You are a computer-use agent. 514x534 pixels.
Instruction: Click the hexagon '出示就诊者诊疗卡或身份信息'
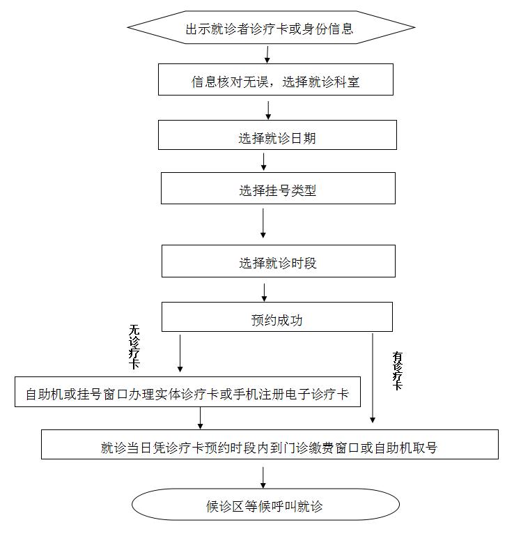tap(271, 29)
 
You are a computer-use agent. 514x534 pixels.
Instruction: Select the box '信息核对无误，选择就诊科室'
tap(276, 80)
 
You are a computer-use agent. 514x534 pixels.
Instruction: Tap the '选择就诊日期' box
tap(277, 135)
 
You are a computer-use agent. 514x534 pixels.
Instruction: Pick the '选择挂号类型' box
tap(278, 188)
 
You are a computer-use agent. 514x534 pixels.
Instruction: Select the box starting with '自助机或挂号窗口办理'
tap(188, 393)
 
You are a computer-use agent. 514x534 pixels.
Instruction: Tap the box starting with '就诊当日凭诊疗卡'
tap(270, 445)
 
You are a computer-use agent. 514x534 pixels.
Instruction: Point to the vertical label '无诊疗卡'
tap(134, 346)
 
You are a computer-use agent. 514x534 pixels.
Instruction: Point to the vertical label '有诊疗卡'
tap(398, 370)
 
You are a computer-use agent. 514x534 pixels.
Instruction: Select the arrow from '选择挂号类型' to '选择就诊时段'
tap(263, 223)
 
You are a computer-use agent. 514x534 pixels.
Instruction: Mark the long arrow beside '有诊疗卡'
tap(373, 377)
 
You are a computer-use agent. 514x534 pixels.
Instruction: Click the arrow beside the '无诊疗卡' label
tap(180, 353)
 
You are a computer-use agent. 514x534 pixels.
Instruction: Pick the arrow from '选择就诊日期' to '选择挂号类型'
tap(263, 161)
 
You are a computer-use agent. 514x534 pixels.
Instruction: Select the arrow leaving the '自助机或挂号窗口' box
tap(201, 418)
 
